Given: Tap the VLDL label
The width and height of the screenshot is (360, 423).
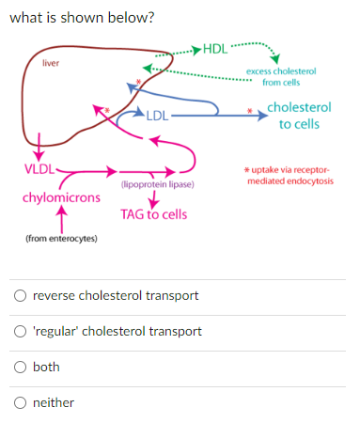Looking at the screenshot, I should [x=38, y=169].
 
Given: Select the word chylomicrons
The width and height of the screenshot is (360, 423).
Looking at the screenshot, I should [x=61, y=198].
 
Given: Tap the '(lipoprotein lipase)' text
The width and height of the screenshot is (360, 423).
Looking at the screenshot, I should [x=157, y=184].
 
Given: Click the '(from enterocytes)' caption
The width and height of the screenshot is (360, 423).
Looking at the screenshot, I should [x=61, y=240].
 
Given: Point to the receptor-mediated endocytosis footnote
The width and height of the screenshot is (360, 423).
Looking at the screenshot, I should [x=289, y=174].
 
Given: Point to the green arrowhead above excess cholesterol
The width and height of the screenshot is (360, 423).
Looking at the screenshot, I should [x=274, y=61].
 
